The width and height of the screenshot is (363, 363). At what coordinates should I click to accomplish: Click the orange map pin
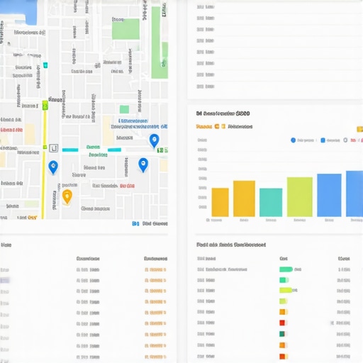coord(67,196)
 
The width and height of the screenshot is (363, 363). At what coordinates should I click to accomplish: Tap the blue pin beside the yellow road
coord(52,167)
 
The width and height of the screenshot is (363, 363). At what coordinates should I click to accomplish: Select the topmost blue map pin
coord(154,140)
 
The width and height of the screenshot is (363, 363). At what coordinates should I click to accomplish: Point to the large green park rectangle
coord(125,29)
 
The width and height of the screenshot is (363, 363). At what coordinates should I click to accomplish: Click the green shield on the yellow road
coord(45,105)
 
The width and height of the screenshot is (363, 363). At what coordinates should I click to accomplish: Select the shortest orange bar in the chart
coord(220,201)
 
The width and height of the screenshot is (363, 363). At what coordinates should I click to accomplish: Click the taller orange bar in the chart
coord(244,198)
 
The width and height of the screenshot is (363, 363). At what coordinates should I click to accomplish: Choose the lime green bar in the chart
coord(299,196)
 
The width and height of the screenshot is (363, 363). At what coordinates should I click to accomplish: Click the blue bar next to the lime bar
coord(329,194)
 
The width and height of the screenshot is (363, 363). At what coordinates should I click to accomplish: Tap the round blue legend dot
coord(294,140)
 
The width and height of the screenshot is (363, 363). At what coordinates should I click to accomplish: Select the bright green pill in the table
coord(286,269)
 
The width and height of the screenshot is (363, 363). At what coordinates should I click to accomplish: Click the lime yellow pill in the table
coord(285,290)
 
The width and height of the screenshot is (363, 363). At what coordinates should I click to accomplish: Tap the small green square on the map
coord(124,109)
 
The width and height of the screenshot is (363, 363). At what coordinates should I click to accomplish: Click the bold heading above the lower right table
coord(230,244)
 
